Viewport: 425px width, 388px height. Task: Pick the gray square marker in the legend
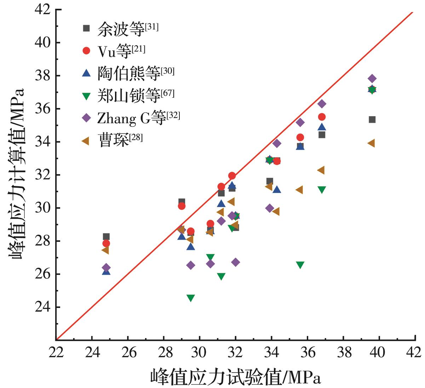86,28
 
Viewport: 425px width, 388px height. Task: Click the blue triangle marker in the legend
86,73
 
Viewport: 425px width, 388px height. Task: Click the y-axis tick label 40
43,42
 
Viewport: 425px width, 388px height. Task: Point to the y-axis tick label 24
43,307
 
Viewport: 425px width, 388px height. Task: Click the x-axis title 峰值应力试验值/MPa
235,376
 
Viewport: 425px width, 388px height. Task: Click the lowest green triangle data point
191,298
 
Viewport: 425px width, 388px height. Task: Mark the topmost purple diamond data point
372,79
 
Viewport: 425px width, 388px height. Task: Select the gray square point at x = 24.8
106,236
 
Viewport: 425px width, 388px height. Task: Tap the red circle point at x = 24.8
106,243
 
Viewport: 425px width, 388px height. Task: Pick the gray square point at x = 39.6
372,120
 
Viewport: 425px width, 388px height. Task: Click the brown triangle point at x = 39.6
371,143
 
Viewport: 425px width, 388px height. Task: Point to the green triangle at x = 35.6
300,265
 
